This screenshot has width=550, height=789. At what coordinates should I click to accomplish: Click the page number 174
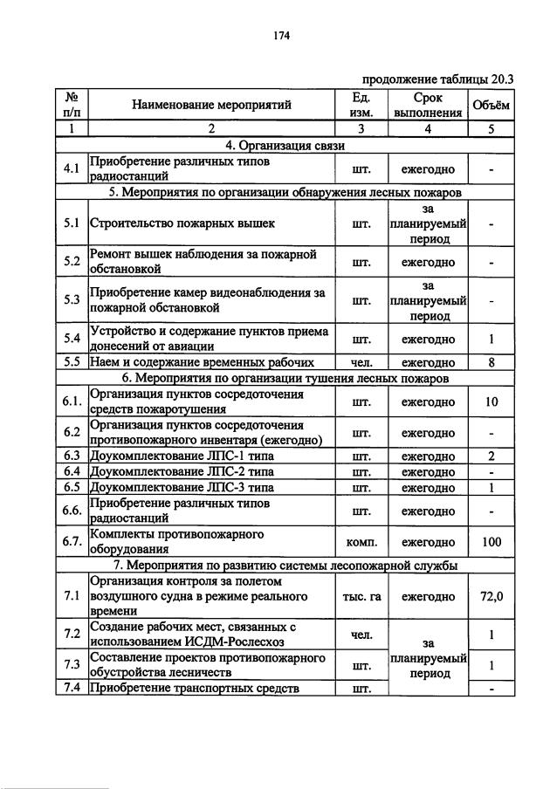click(280, 36)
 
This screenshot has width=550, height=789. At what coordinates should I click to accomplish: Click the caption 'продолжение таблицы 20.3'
click(437, 78)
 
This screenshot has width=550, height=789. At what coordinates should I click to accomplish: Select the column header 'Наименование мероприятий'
click(211, 105)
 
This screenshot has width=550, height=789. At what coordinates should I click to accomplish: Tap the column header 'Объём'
click(492, 105)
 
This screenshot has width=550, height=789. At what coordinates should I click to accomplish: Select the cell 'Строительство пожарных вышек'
click(182, 223)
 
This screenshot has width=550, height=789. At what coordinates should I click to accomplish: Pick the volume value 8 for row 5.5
click(492, 362)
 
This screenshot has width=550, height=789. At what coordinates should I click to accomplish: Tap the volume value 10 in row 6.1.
click(492, 402)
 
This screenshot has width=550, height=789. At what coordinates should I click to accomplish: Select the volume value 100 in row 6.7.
click(492, 542)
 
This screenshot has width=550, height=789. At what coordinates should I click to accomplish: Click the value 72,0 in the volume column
click(492, 597)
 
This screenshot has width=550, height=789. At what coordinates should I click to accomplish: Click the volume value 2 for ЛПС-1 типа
click(492, 456)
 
